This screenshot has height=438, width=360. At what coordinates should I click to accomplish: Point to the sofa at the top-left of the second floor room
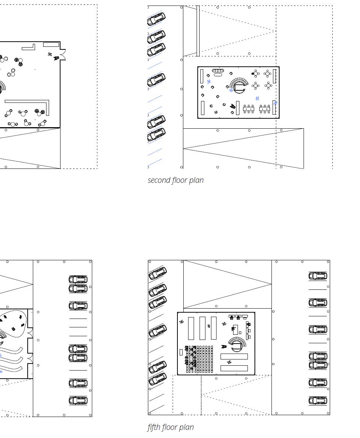(218, 71)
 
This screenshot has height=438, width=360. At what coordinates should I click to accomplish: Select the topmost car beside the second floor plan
(156, 19)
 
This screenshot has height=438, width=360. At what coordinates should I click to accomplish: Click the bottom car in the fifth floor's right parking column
(318, 400)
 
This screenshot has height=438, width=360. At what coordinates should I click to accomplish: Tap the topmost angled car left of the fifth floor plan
(157, 274)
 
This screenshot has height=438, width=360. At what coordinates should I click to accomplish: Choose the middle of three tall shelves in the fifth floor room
(202, 328)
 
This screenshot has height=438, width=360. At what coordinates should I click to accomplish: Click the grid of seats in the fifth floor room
(200, 359)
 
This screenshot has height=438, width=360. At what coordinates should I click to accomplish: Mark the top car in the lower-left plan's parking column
(78, 279)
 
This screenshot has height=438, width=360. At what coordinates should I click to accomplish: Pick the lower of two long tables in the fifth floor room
(234, 368)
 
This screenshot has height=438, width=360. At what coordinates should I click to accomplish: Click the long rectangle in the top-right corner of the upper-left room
(51, 45)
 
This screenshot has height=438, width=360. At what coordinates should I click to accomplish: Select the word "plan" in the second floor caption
(196, 180)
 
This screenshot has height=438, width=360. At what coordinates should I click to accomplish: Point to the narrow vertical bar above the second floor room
(198, 31)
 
